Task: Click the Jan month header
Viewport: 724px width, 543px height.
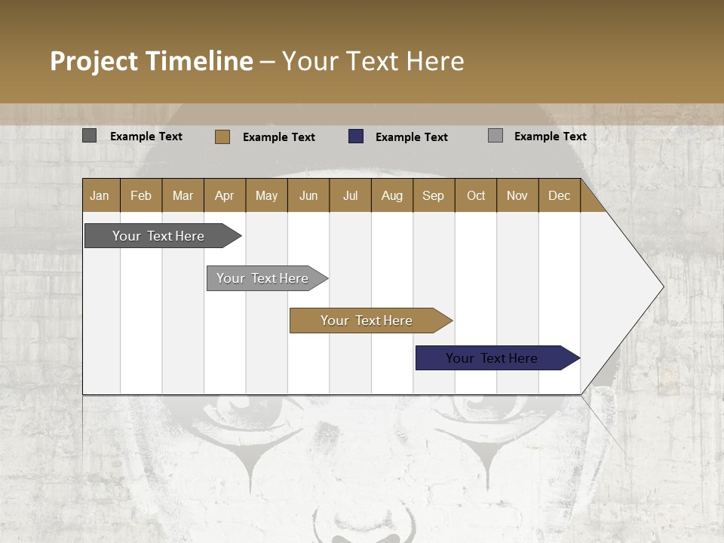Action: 100,195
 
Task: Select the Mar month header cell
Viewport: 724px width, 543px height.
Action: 183,195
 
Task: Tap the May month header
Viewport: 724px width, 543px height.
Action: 266,195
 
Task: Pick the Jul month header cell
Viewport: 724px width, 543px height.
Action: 350,195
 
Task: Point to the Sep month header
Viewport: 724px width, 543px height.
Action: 434,195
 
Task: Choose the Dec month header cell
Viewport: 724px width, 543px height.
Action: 559,195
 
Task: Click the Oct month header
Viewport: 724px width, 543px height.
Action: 475,195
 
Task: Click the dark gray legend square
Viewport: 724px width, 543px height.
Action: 89,136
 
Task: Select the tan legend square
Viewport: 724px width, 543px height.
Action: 222,137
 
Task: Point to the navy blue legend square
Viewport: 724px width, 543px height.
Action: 355,137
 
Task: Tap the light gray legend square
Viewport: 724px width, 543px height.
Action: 495,136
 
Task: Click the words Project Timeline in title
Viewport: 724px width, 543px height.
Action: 152,61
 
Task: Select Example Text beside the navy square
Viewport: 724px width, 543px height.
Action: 411,137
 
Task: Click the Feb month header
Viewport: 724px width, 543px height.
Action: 141,195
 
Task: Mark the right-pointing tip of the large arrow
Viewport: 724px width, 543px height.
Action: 662,287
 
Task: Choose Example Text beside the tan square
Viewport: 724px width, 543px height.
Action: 278,137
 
